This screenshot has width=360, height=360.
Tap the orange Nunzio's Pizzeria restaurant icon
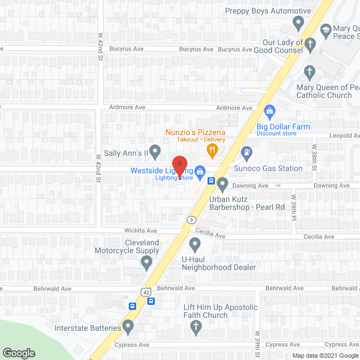(212, 149)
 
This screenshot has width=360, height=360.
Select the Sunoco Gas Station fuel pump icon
(246, 152)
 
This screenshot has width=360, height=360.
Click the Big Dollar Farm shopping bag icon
(269, 110)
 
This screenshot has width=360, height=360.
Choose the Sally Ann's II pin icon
(157, 150)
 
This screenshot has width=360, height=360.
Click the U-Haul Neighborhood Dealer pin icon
(195, 244)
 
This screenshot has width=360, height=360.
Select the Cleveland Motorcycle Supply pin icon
(147, 262)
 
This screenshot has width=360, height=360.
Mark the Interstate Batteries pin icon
(128, 326)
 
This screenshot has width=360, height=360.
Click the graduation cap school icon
(325, 29)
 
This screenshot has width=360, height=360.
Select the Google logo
(18, 353)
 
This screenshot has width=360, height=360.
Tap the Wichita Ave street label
(141, 231)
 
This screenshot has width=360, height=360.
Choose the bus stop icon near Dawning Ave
(211, 181)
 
